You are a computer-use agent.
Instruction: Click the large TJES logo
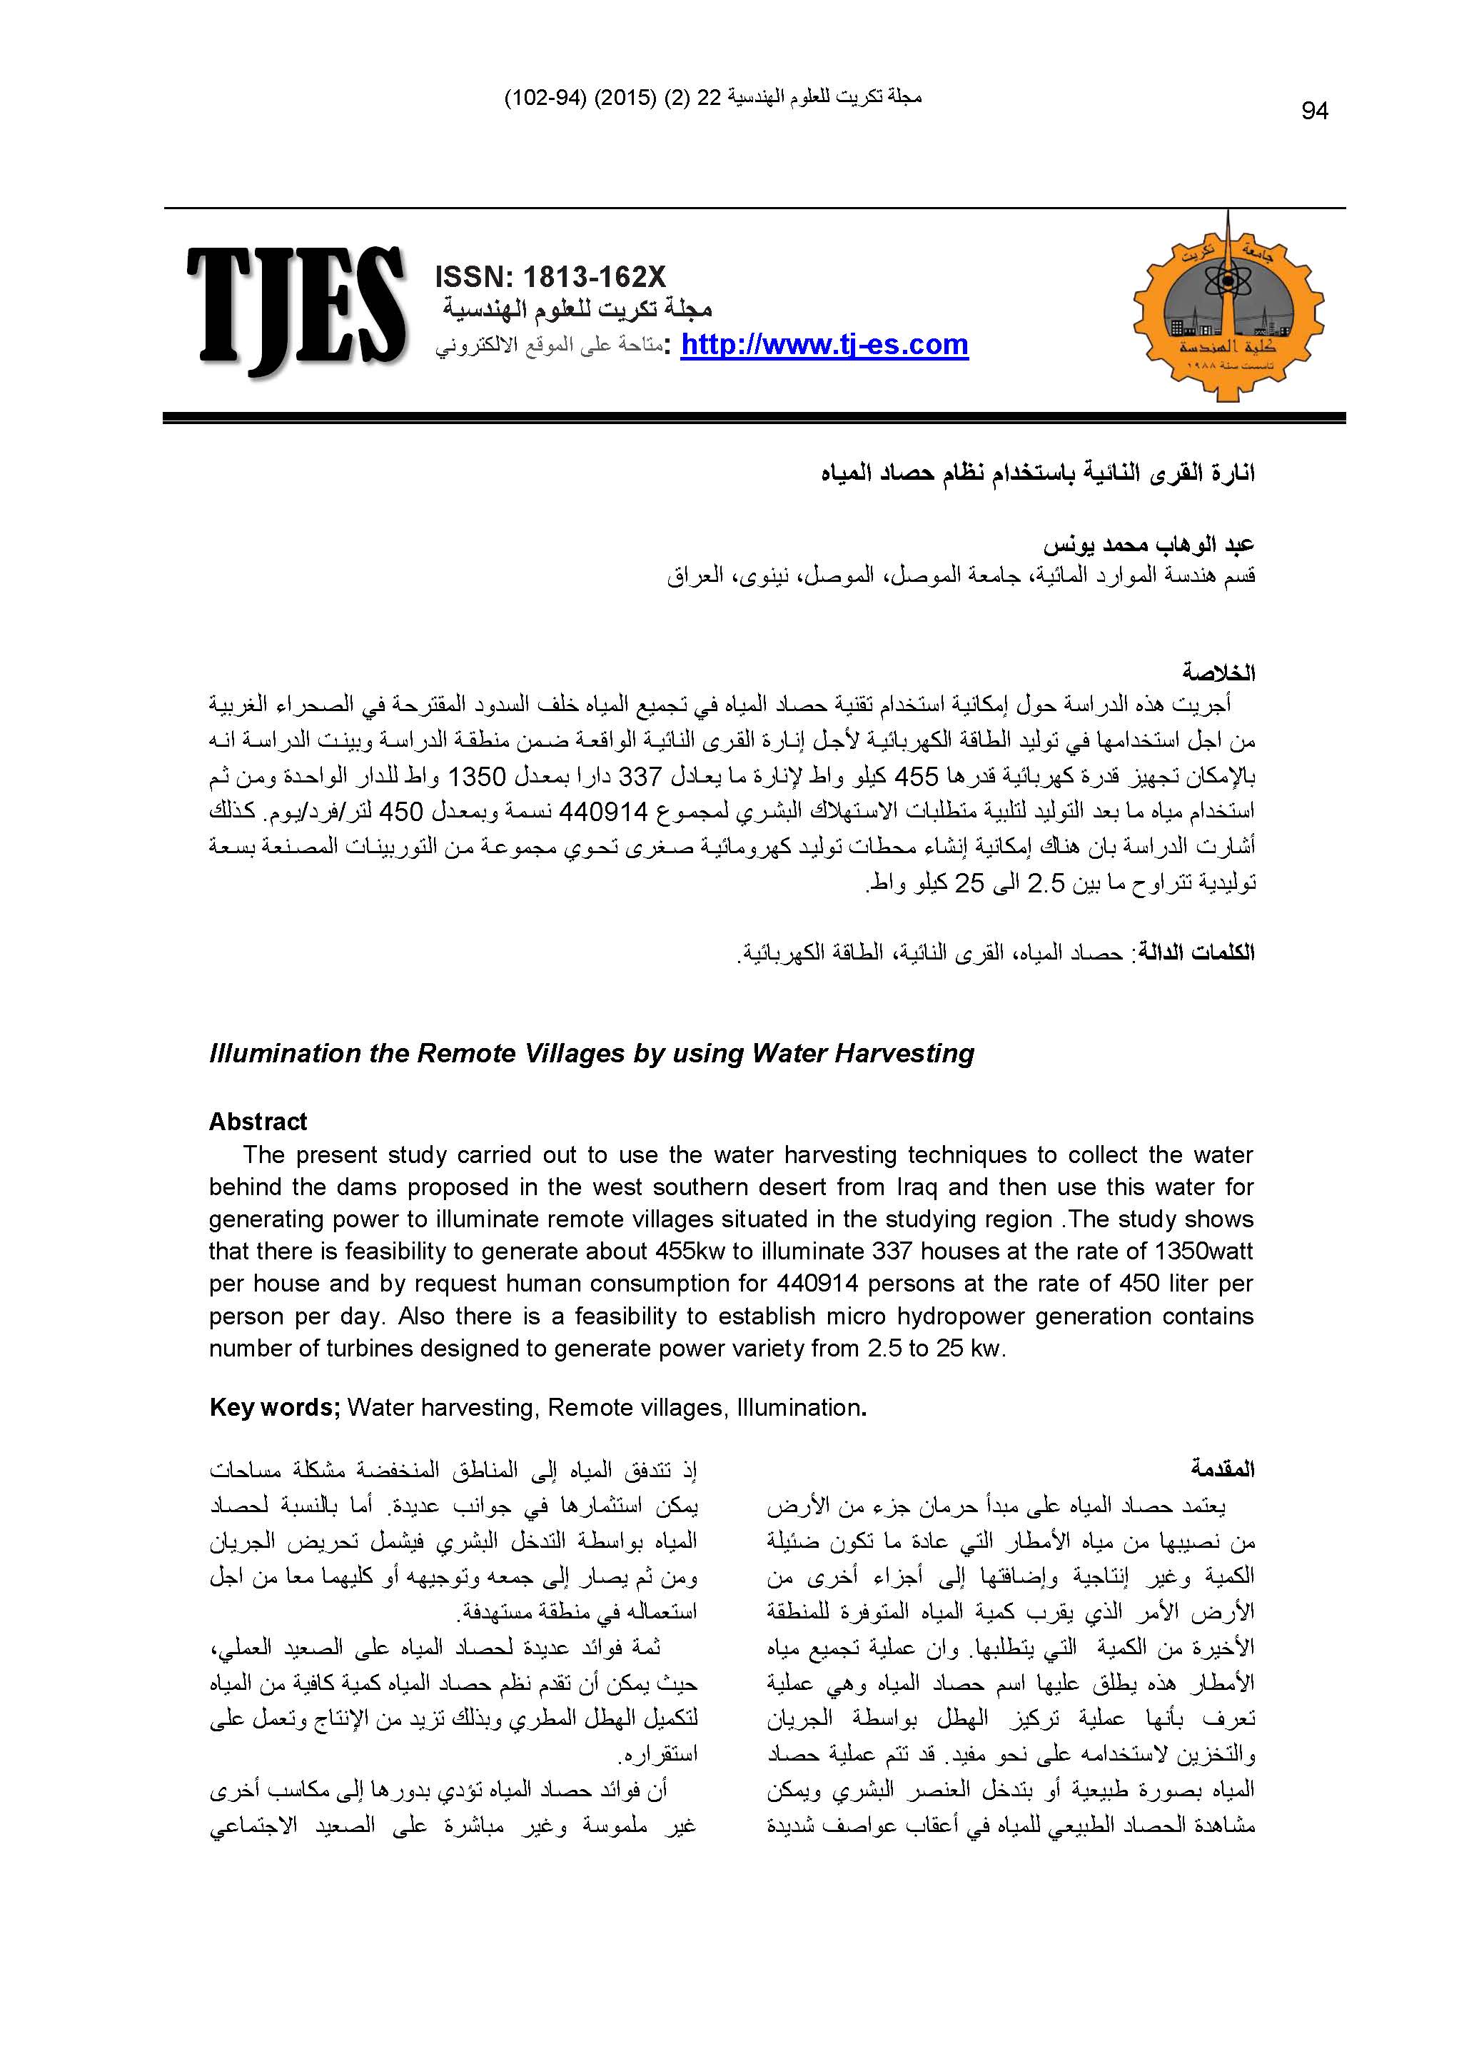click(295, 309)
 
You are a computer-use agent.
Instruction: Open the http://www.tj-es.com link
click(824, 344)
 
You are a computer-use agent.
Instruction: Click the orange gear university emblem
click(1228, 306)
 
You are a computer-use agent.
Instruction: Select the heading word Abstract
click(258, 1122)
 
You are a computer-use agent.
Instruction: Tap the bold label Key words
click(273, 1407)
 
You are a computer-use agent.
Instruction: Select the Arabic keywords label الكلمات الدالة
click(1196, 953)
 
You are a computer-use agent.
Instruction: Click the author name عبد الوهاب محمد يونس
click(1149, 545)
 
